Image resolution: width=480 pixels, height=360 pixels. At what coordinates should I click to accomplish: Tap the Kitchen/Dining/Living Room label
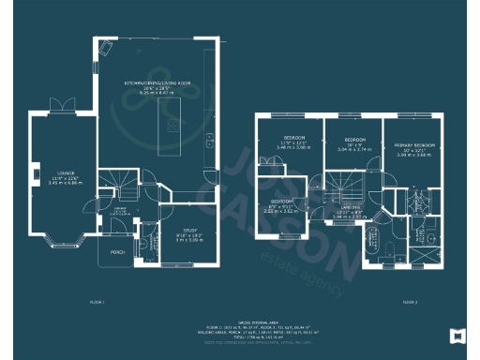tap(156, 84)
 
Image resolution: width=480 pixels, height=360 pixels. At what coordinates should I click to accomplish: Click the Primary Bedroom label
tap(413, 147)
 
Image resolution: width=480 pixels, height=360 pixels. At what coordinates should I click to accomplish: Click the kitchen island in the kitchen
tap(170, 127)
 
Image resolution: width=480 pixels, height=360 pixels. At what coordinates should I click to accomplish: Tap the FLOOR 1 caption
tap(97, 304)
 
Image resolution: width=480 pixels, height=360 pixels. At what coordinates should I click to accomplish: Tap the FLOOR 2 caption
tap(409, 304)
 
